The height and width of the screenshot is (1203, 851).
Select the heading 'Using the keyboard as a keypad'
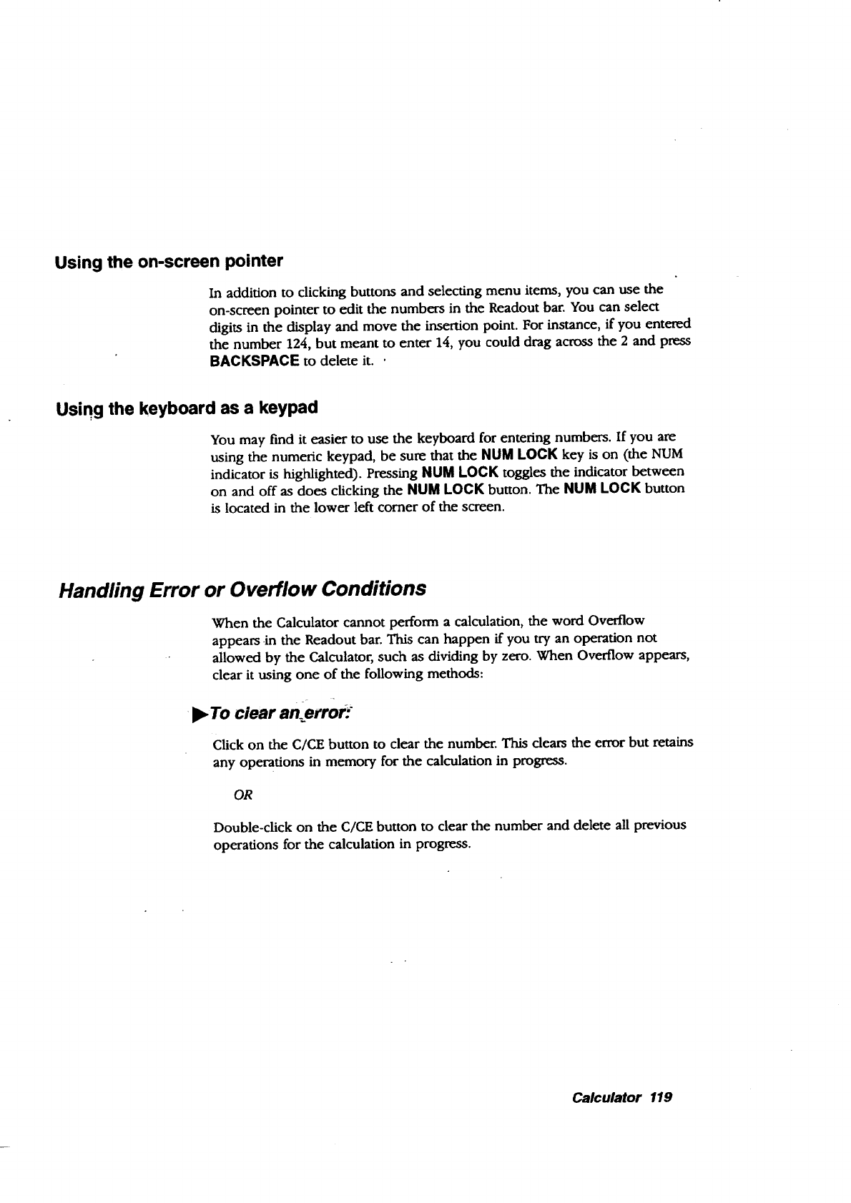pos(186,408)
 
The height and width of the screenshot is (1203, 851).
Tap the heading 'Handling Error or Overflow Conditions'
pos(242,589)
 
